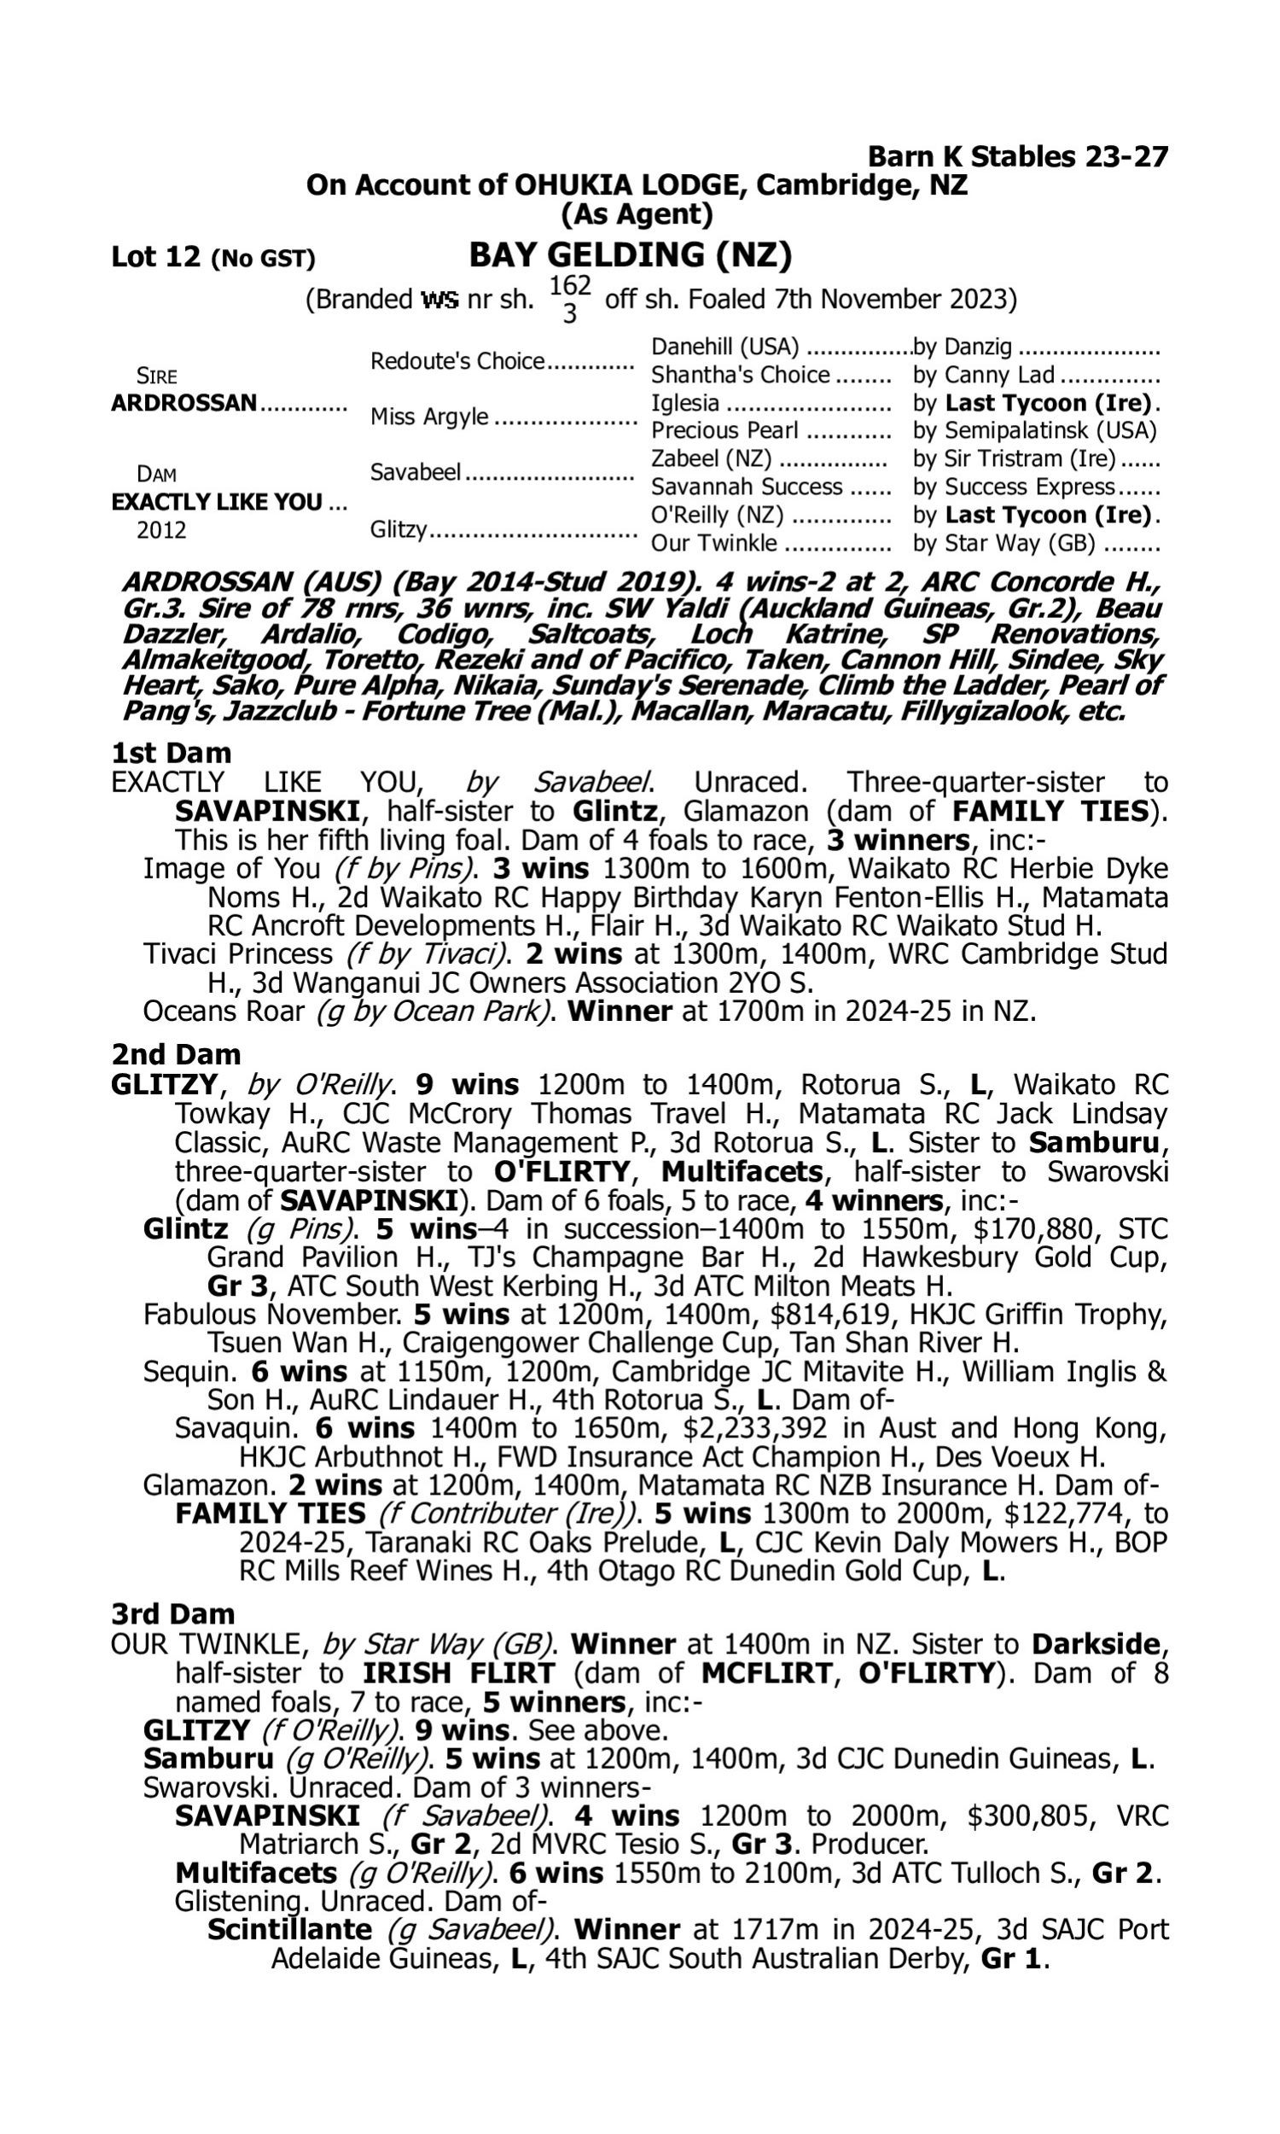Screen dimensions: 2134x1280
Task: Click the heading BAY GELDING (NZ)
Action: [630, 255]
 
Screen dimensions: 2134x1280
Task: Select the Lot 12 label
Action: [156, 257]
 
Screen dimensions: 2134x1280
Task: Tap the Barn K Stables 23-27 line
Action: [1017, 157]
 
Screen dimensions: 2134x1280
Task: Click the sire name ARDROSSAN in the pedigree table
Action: [183, 403]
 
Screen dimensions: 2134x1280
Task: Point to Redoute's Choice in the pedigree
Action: [457, 361]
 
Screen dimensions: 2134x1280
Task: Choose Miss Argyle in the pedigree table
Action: [428, 417]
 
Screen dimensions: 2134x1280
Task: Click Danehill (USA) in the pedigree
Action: [724, 347]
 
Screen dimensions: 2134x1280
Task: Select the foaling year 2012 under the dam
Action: [161, 529]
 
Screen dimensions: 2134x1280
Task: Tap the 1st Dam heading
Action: [171, 753]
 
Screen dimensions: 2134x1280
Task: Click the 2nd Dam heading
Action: [175, 1054]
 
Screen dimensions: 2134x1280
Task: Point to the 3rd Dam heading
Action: [173, 1614]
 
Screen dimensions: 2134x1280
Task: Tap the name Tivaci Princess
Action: [237, 954]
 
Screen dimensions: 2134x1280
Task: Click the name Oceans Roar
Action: [224, 1011]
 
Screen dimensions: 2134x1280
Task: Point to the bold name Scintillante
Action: [290, 1930]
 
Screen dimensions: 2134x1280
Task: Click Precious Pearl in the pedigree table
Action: [724, 430]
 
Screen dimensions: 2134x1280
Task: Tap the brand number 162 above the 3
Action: [570, 285]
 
